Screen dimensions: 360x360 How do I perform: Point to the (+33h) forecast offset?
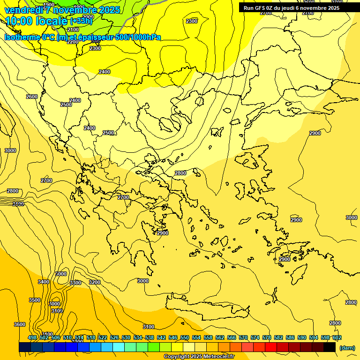[81, 21]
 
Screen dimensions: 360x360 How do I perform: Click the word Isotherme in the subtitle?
[22, 37]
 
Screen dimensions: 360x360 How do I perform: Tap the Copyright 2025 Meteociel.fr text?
[199, 357]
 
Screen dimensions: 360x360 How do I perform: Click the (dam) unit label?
[347, 347]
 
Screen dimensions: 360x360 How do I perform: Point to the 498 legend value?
[32, 338]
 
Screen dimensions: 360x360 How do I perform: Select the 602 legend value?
[337, 338]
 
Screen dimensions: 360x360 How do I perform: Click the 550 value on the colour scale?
[184, 338]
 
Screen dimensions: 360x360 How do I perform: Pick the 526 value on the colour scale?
[114, 338]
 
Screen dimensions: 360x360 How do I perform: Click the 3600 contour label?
[20, 324]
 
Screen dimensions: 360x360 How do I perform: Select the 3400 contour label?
[44, 282]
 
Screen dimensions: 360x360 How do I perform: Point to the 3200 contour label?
[95, 282]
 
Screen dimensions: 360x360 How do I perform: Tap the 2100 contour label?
[73, 30]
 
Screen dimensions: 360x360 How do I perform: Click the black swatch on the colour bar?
[330, 347]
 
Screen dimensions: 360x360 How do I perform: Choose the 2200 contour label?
[73, 42]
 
